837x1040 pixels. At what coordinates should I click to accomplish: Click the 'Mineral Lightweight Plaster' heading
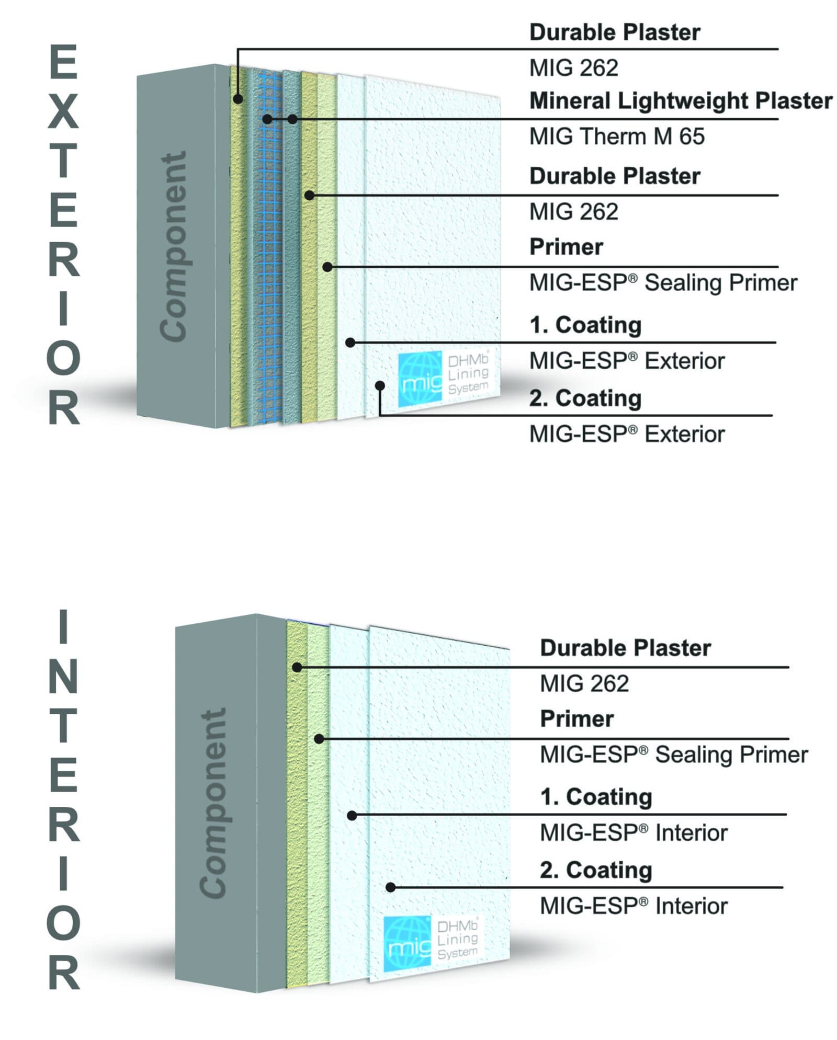pos(681,101)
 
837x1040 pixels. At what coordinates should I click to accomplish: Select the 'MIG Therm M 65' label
pos(617,136)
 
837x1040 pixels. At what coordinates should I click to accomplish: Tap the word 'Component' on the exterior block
pos(173,247)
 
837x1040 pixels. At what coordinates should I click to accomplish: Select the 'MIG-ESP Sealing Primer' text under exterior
pos(663,283)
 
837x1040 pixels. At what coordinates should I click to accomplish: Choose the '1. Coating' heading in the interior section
pos(596,797)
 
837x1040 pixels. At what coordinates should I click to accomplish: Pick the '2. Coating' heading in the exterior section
pos(585,398)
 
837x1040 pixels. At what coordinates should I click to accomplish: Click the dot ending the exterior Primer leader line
pos(327,267)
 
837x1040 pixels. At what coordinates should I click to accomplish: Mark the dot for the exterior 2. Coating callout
pos(380,385)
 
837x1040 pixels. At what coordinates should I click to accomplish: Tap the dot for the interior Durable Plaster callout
pos(297,667)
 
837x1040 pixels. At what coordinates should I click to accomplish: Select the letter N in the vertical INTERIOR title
pos(63,676)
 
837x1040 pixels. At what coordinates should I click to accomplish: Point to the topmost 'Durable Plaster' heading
pos(615,32)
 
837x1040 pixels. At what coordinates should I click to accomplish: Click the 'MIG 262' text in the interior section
pos(584,684)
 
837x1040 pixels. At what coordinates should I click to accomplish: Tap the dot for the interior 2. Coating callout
pos(390,887)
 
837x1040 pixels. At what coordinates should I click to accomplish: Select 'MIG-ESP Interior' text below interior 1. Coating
pos(634,833)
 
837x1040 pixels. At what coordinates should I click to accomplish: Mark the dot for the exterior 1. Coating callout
pos(350,342)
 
